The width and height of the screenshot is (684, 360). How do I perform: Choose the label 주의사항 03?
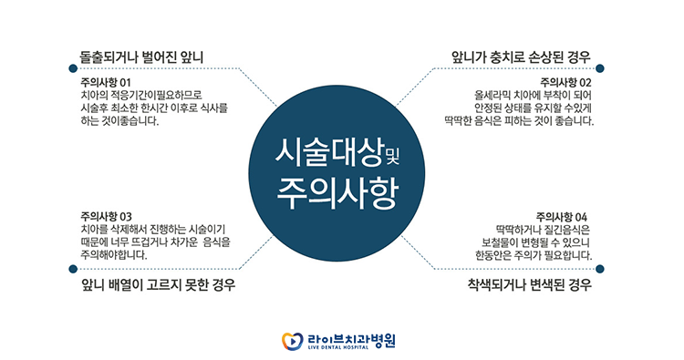click(x=106, y=216)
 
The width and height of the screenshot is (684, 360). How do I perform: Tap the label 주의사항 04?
click(x=565, y=216)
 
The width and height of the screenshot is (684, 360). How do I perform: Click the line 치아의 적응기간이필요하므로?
click(x=140, y=95)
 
